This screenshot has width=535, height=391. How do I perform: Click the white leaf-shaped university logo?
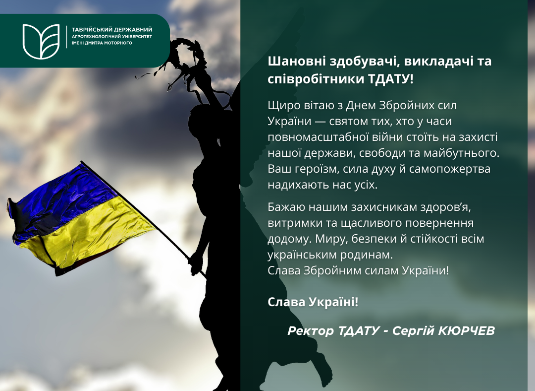(x=41, y=41)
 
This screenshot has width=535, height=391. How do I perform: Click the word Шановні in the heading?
(x=296, y=62)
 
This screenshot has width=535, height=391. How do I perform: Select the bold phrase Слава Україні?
(x=313, y=302)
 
